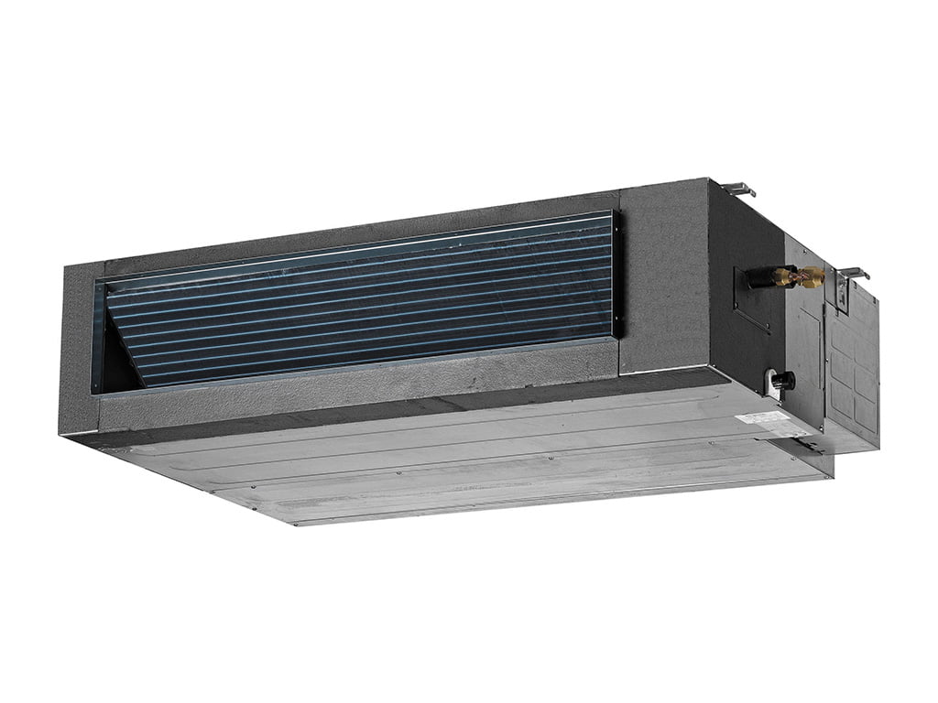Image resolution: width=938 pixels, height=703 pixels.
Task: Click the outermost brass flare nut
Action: pos(813,277)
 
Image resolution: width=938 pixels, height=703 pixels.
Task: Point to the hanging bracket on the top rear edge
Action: pos(738,189)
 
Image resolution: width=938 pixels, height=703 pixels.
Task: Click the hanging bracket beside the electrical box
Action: pos(852,274)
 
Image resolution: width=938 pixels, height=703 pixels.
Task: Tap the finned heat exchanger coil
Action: pos(366,293)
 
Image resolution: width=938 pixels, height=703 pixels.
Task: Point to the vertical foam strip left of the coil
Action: pos(78,348)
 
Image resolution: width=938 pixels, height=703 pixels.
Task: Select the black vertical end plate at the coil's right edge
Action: pos(616,275)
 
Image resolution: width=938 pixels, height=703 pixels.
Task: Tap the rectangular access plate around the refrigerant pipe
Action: pos(751,302)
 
